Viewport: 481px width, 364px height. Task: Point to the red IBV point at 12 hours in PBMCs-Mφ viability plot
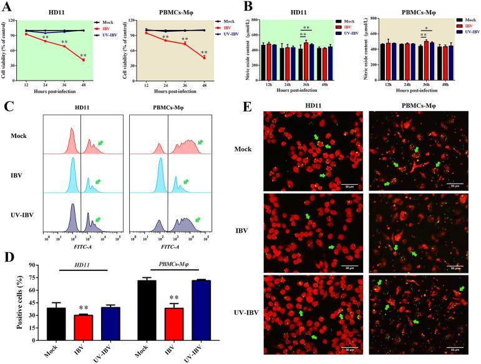pyautogui.click(x=146, y=33)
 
